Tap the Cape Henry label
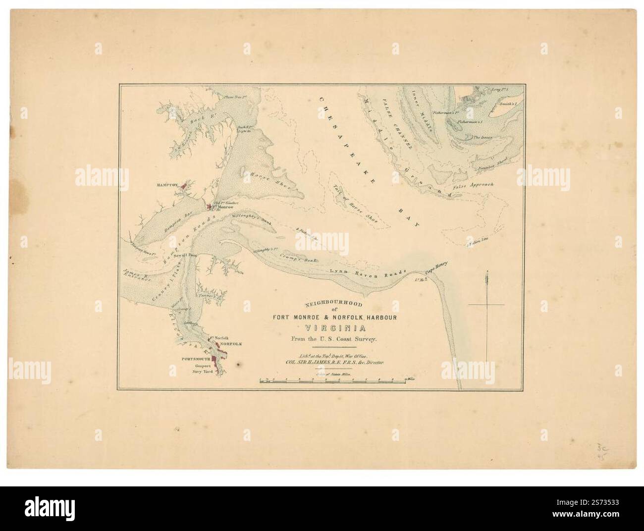437,267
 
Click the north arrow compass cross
486,304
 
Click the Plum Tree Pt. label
235,98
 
